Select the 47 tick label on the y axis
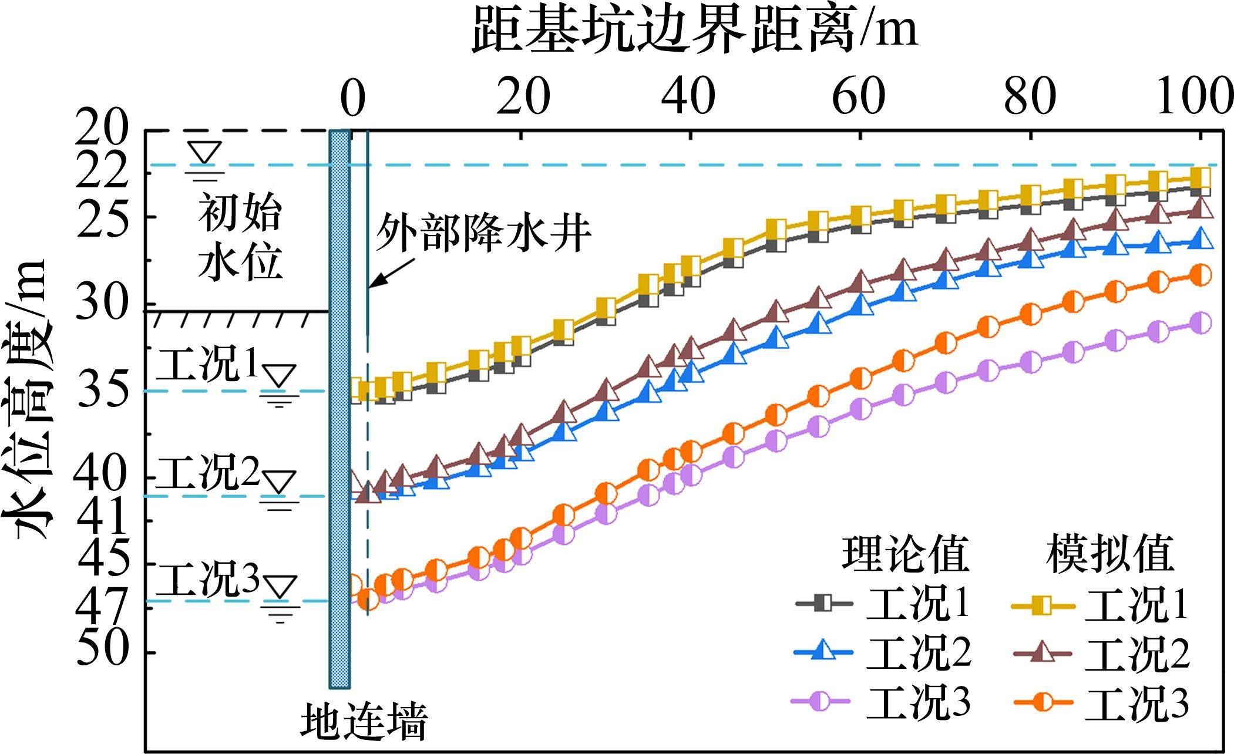click(x=103, y=605)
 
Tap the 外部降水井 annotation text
click(x=483, y=233)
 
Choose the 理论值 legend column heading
click(x=905, y=554)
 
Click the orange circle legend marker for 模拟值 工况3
click(x=1043, y=702)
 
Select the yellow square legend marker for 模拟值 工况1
click(x=1043, y=604)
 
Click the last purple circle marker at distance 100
click(x=1201, y=323)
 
